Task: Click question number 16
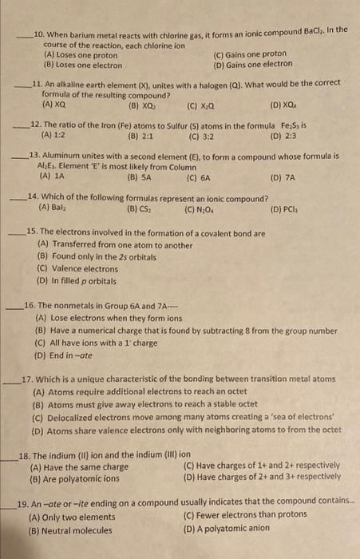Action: [30, 305]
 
